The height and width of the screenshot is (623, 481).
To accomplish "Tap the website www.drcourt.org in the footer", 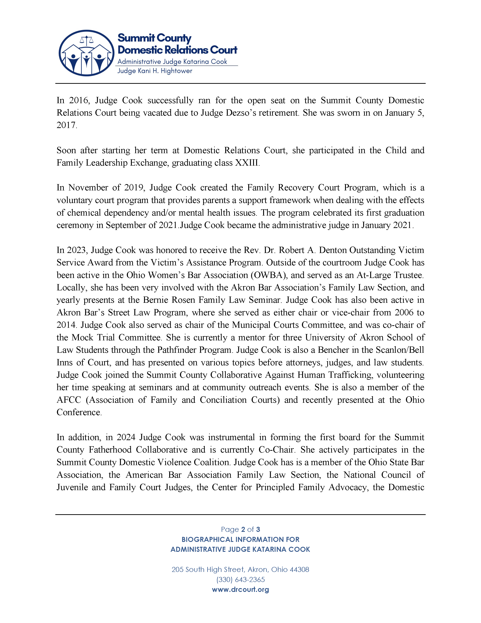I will pos(240,590).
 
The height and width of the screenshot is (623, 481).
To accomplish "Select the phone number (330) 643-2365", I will pos(240,580).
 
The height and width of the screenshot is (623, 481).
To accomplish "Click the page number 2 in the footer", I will pos(243,530).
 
